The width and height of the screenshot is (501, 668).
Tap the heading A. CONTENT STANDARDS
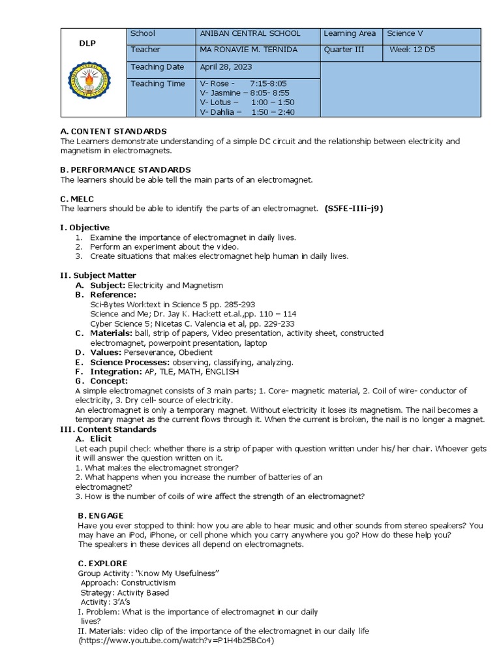coord(114,131)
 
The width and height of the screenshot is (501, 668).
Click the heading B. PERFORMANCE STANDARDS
coord(125,170)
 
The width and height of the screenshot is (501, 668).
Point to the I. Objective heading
coord(85,227)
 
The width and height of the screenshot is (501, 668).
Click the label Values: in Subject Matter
coord(106,352)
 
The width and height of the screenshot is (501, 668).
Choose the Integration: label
coord(116,371)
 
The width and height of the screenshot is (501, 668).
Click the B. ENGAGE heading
coord(100,515)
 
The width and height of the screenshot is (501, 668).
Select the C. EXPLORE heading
coord(102,563)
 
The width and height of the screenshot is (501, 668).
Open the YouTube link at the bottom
coord(176,641)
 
